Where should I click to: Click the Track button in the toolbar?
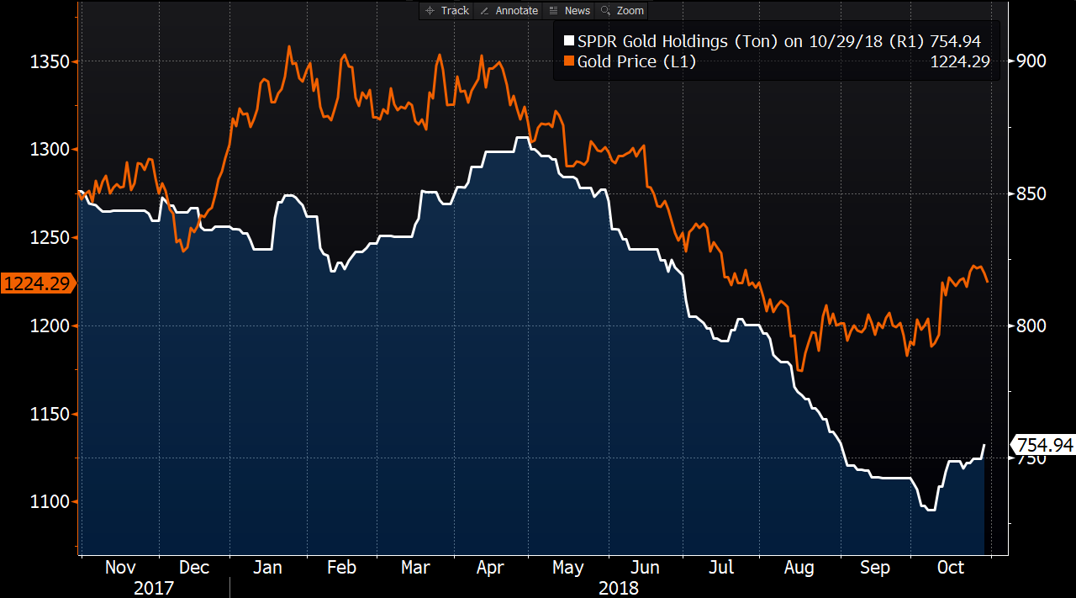coord(447,10)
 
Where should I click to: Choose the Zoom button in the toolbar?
coord(623,10)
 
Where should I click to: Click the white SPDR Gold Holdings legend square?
coord(568,41)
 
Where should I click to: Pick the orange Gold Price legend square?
coord(568,61)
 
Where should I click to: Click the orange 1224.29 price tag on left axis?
coord(37,283)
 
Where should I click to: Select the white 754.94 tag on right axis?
coord(1043,445)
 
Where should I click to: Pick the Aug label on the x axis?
coord(799,568)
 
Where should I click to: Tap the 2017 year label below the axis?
coord(154,587)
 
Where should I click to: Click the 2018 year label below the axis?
coord(618,587)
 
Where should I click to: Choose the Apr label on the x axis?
coord(490,568)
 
